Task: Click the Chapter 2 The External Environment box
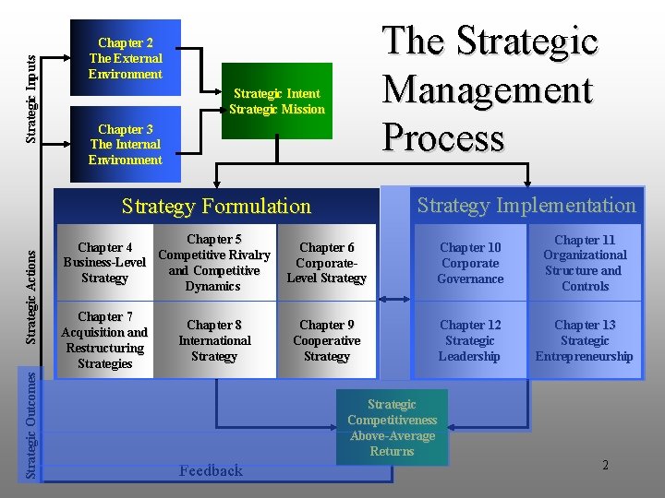[x=125, y=58]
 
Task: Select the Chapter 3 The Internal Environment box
[x=125, y=145]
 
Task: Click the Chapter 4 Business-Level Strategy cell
[x=104, y=263]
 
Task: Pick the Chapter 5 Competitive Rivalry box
[x=214, y=263]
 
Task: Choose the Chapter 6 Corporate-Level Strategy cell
[x=326, y=263]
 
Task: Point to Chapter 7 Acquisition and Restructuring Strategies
[x=104, y=340]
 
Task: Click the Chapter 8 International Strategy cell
[x=214, y=340]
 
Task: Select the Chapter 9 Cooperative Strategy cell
[x=326, y=340]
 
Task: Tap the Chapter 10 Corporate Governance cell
[x=470, y=263]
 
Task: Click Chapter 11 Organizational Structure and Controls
[x=585, y=263]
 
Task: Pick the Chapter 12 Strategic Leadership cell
[x=470, y=340]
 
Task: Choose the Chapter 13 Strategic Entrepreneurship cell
[x=585, y=340]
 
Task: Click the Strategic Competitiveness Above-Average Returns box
[x=392, y=428]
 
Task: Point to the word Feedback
[x=211, y=471]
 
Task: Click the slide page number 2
[x=605, y=465]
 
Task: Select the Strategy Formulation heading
[x=216, y=207]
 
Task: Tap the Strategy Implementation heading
[x=526, y=206]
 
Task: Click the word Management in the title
[x=487, y=90]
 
